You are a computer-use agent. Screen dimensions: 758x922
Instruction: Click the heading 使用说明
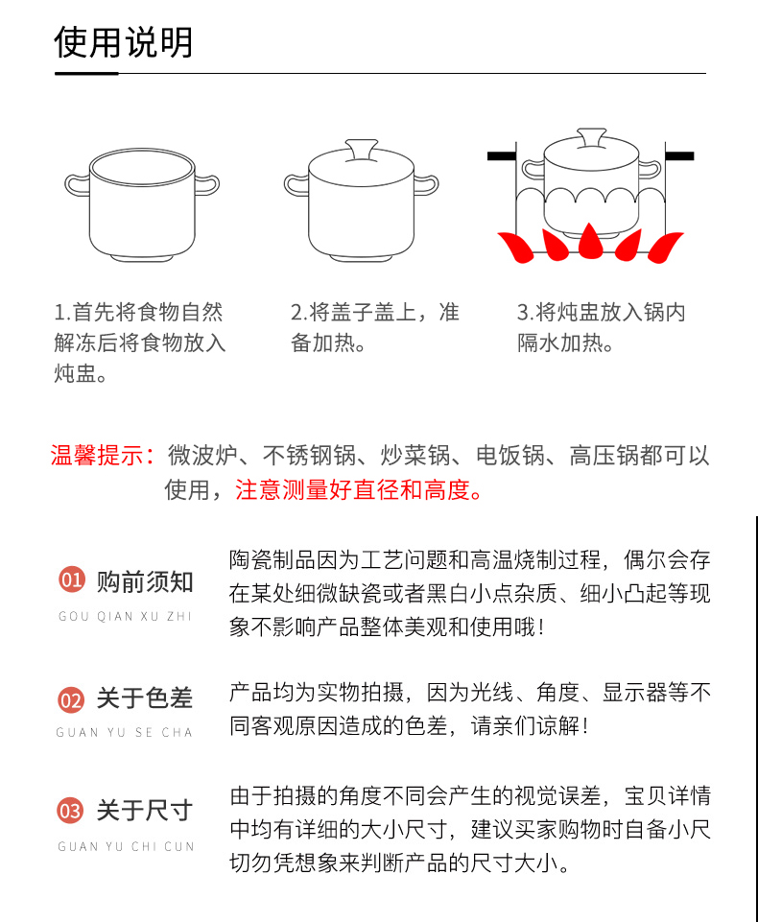(x=124, y=42)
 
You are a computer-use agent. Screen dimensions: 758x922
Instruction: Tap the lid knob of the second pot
(x=362, y=150)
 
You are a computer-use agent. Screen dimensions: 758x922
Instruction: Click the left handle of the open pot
(x=77, y=185)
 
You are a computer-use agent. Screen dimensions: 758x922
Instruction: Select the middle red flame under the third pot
(x=588, y=241)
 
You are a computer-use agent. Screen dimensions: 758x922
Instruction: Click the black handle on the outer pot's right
(x=679, y=155)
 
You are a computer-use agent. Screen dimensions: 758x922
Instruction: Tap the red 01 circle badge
(x=72, y=579)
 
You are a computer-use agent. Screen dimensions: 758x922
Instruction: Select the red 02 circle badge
(x=71, y=699)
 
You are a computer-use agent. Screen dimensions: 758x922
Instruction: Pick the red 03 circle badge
(x=71, y=811)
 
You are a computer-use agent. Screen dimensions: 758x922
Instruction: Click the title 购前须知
(x=145, y=581)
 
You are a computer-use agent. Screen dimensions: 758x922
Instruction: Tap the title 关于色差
(x=145, y=698)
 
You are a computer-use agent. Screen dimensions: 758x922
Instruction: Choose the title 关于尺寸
(x=145, y=811)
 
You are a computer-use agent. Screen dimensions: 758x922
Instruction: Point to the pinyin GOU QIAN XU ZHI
(x=126, y=616)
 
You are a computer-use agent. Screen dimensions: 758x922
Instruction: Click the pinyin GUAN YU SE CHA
(x=124, y=732)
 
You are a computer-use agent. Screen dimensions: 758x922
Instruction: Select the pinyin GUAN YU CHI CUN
(x=126, y=846)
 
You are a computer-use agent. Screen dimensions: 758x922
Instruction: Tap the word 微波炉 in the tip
(x=202, y=456)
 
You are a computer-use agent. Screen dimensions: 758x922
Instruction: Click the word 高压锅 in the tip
(x=604, y=456)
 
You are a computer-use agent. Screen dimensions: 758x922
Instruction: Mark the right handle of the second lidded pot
(x=427, y=184)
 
